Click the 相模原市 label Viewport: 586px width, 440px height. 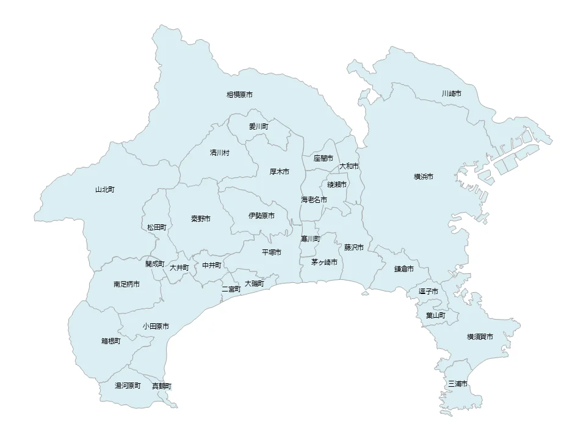pyautogui.click(x=239, y=95)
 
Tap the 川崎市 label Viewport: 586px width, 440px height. pyautogui.click(x=451, y=94)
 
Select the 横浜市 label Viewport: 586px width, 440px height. pyautogui.click(x=423, y=177)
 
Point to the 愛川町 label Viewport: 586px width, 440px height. pyautogui.click(x=258, y=127)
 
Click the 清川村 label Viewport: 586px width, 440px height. pyautogui.click(x=220, y=152)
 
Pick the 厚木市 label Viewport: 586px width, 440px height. pyautogui.click(x=279, y=172)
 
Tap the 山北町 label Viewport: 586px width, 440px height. pyautogui.click(x=104, y=189)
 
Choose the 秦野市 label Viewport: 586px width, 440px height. pyautogui.click(x=200, y=218)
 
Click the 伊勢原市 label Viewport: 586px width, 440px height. pyautogui.click(x=261, y=216)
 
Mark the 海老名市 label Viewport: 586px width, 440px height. pyautogui.click(x=314, y=200)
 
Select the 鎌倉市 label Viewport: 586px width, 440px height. pyautogui.click(x=403, y=269)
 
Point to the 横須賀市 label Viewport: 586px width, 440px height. pyautogui.click(x=480, y=337)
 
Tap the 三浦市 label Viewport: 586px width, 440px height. pyautogui.click(x=457, y=384)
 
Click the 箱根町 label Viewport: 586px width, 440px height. pyautogui.click(x=110, y=341)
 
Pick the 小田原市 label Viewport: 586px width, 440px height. pyautogui.click(x=156, y=326)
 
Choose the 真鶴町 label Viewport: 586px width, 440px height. pyautogui.click(x=161, y=386)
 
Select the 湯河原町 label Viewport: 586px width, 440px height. pyautogui.click(x=128, y=386)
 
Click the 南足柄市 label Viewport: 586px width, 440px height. pyautogui.click(x=126, y=285)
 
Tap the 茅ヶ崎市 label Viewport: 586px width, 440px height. pyautogui.click(x=324, y=262)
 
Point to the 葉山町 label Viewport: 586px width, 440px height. pyautogui.click(x=435, y=315)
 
